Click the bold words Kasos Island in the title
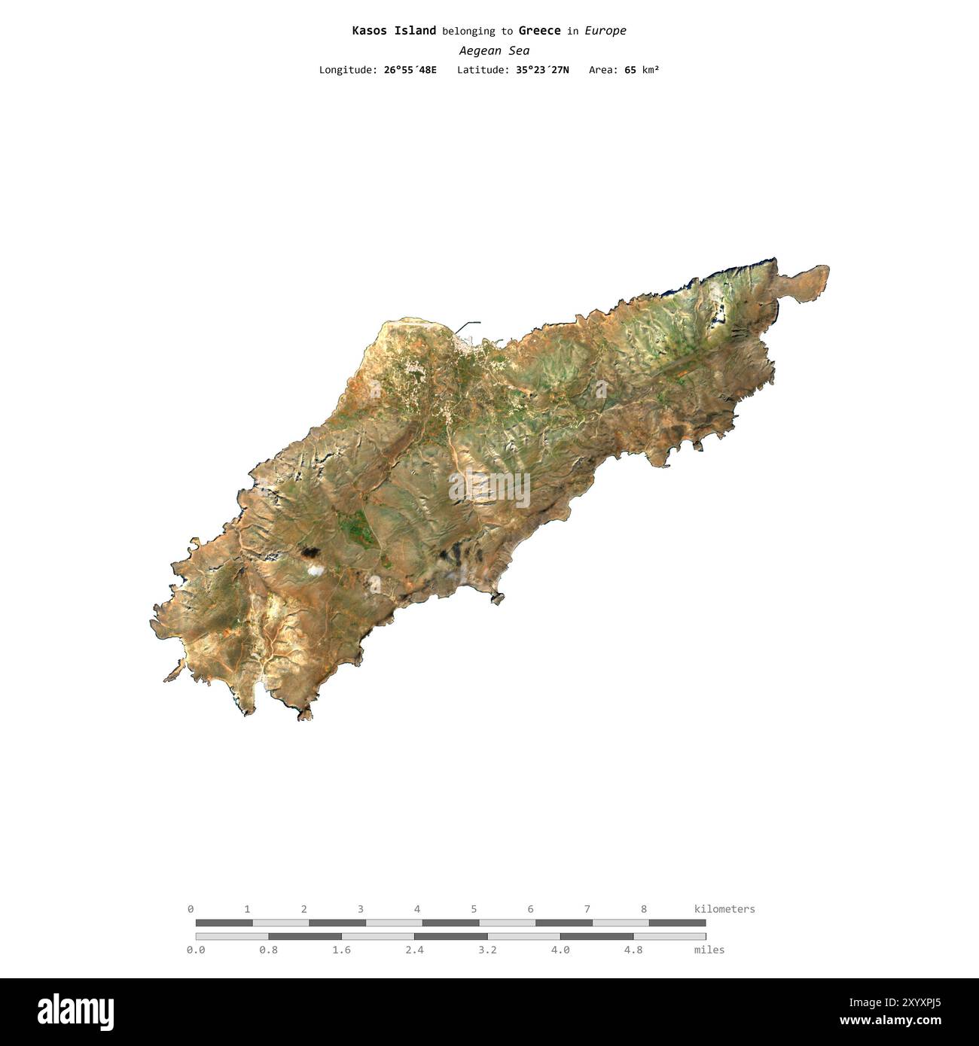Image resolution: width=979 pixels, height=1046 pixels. click(394, 31)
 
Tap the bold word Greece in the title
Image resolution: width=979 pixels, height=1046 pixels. click(539, 31)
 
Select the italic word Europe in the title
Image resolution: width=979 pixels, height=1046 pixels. click(605, 31)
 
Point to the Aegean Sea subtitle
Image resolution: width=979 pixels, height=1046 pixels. click(494, 50)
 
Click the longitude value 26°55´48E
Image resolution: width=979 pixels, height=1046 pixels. click(410, 70)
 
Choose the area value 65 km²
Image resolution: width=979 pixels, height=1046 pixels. click(641, 70)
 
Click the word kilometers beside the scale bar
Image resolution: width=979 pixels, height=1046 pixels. click(724, 909)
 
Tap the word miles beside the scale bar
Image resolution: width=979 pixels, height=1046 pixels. click(709, 950)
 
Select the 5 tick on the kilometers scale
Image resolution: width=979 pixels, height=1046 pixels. click(474, 909)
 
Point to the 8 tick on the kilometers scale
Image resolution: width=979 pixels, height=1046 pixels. click(644, 909)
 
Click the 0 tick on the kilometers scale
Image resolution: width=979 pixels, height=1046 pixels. click(191, 909)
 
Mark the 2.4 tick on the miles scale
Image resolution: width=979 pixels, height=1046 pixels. click(414, 950)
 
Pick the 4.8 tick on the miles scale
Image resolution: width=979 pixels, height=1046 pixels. click(633, 950)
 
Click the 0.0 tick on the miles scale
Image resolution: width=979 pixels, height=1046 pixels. click(196, 950)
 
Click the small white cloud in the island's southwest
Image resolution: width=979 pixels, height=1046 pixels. click(315, 570)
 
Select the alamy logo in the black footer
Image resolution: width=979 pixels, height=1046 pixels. click(75, 1012)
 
